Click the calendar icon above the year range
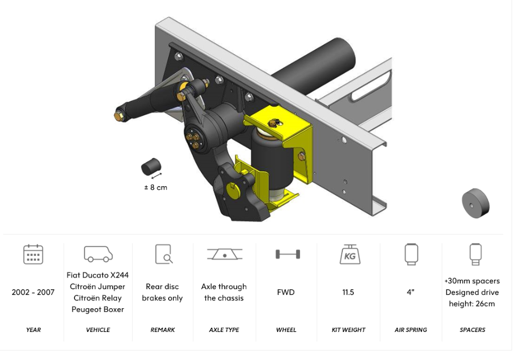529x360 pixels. pos(33,254)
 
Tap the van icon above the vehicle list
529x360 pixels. pos(98,254)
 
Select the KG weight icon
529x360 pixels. pos(350,254)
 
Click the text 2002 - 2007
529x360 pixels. pos(33,292)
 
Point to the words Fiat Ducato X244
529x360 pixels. pos(97,275)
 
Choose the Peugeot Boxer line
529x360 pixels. pos(97,309)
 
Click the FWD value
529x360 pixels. pos(286,292)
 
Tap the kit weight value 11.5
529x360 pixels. pos(348,292)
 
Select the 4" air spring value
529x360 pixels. pos(411,292)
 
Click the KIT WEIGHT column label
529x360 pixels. pos(349,330)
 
